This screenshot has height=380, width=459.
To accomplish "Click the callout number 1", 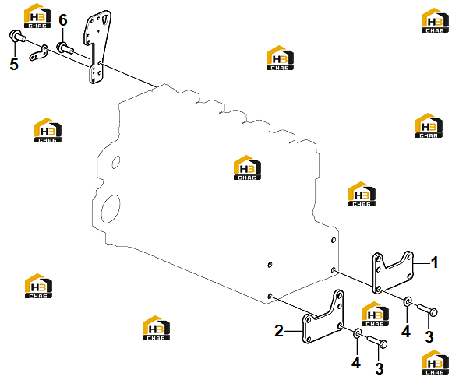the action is click(x=435, y=262).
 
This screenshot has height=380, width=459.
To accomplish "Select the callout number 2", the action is click(x=279, y=331).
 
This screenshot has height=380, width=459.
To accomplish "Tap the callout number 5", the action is click(x=14, y=64).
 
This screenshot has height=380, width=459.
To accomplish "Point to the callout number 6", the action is click(x=63, y=20).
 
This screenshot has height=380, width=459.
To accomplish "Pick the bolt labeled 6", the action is click(x=66, y=48).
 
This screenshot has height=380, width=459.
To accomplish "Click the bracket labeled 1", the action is click(x=392, y=272).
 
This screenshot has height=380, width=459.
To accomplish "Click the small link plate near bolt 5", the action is click(x=38, y=54).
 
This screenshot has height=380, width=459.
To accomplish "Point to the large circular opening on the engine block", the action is click(x=111, y=208).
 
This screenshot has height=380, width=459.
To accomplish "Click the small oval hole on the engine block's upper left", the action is click(x=116, y=162).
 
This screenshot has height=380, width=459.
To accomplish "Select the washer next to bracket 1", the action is click(x=408, y=301).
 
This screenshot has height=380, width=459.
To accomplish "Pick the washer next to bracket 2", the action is click(x=358, y=333).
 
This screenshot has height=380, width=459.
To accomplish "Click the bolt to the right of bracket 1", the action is click(x=427, y=310).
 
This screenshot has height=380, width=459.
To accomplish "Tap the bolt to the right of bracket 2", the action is click(x=376, y=342).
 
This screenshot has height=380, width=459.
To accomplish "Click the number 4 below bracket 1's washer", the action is click(x=406, y=332).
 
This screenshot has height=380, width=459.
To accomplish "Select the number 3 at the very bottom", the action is click(x=380, y=368).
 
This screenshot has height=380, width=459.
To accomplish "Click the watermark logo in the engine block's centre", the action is click(x=247, y=167).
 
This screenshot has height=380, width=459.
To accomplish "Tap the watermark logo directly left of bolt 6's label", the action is click(x=37, y=16).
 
